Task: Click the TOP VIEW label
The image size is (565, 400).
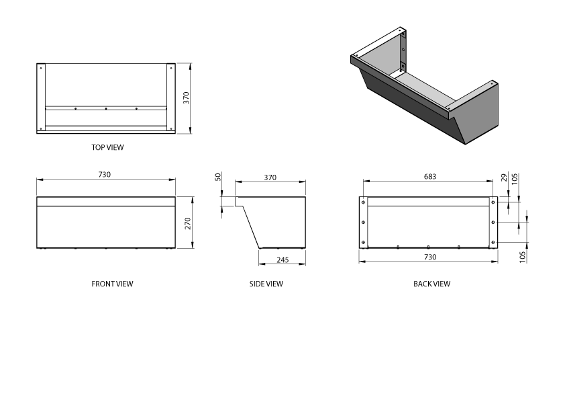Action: point(107,147)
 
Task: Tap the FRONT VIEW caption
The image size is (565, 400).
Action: point(112,284)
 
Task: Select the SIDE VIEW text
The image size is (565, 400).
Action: point(266,284)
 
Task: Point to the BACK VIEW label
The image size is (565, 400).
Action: point(431,284)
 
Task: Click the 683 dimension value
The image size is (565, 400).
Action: point(429,177)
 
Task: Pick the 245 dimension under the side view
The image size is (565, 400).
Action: point(281,259)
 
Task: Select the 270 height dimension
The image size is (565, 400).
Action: point(189,223)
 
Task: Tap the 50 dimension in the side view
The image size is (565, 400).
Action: point(218,177)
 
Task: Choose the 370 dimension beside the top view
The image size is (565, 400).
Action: point(187,98)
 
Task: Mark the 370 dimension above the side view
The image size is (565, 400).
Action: point(270,177)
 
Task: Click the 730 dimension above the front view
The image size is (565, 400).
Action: point(104,175)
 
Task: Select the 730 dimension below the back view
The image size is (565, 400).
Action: point(429,257)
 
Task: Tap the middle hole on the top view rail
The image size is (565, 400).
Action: point(106,108)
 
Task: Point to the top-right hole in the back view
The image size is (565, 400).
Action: point(493,202)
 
